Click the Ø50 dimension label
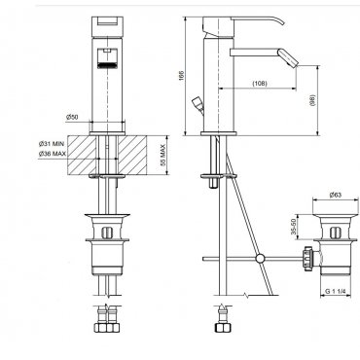[x=72, y=117]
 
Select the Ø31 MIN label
[x=52, y=144]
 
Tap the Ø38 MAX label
[x=52, y=154]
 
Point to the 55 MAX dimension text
[x=163, y=156]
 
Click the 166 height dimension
[x=181, y=76]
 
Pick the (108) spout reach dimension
[x=260, y=84]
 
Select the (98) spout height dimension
[x=312, y=101]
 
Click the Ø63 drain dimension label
[x=336, y=195]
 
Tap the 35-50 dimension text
[x=294, y=227]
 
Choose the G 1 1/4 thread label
[x=336, y=291]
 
